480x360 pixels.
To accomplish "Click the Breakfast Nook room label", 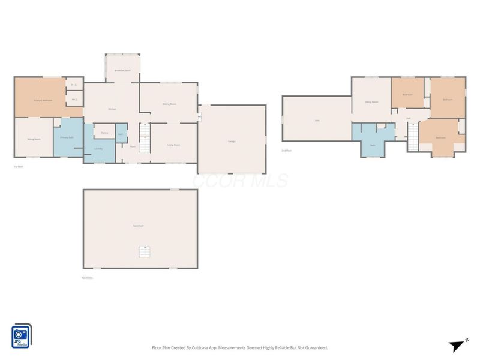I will coord(122,71).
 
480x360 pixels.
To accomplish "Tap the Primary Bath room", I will coord(67,138).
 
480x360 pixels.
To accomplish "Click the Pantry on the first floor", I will coord(104,133).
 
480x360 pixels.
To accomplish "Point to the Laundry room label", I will coord(98,149).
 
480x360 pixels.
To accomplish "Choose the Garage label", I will coord(231,141).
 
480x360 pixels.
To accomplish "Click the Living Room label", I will coord(173,145).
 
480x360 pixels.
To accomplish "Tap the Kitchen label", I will coord(112,109).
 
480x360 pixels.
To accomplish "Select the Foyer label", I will coord(132,146).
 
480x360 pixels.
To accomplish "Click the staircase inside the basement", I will coord(143,252).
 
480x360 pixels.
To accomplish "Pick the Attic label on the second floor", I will coord(317,121).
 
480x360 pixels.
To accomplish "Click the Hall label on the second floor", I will coord(409,118).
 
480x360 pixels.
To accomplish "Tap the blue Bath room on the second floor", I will coord(373,145).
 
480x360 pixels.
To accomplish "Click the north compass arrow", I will coord(456,345).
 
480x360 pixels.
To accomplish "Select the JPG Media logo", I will coord(22,336).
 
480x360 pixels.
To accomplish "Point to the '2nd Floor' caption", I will coord(287,151).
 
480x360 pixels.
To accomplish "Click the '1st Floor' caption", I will coord(19,167).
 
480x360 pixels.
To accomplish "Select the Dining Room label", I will coord(169,104).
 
